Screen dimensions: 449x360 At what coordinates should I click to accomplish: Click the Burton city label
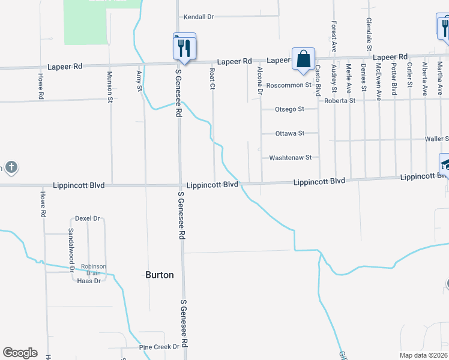[160, 275]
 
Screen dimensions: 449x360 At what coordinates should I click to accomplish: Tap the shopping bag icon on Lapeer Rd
[304, 59]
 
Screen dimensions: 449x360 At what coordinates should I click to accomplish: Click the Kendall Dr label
[199, 17]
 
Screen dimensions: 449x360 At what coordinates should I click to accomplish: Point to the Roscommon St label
[289, 85]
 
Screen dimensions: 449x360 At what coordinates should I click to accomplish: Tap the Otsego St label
[289, 109]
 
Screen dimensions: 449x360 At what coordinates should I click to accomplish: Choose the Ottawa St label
[289, 133]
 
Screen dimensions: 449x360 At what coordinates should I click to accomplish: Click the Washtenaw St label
[291, 158]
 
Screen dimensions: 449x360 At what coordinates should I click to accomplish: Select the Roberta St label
[340, 101]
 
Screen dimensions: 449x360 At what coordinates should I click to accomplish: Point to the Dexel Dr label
[87, 219]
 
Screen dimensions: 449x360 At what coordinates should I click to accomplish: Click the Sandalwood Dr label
[71, 247]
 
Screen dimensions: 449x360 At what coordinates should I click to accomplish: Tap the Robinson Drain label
[94, 270]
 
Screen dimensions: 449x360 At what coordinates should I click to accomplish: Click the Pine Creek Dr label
[159, 347]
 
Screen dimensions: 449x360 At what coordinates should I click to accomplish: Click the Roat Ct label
[212, 79]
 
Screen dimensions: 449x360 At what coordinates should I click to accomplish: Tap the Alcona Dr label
[260, 81]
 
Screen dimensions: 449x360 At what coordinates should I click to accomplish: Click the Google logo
[20, 353]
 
